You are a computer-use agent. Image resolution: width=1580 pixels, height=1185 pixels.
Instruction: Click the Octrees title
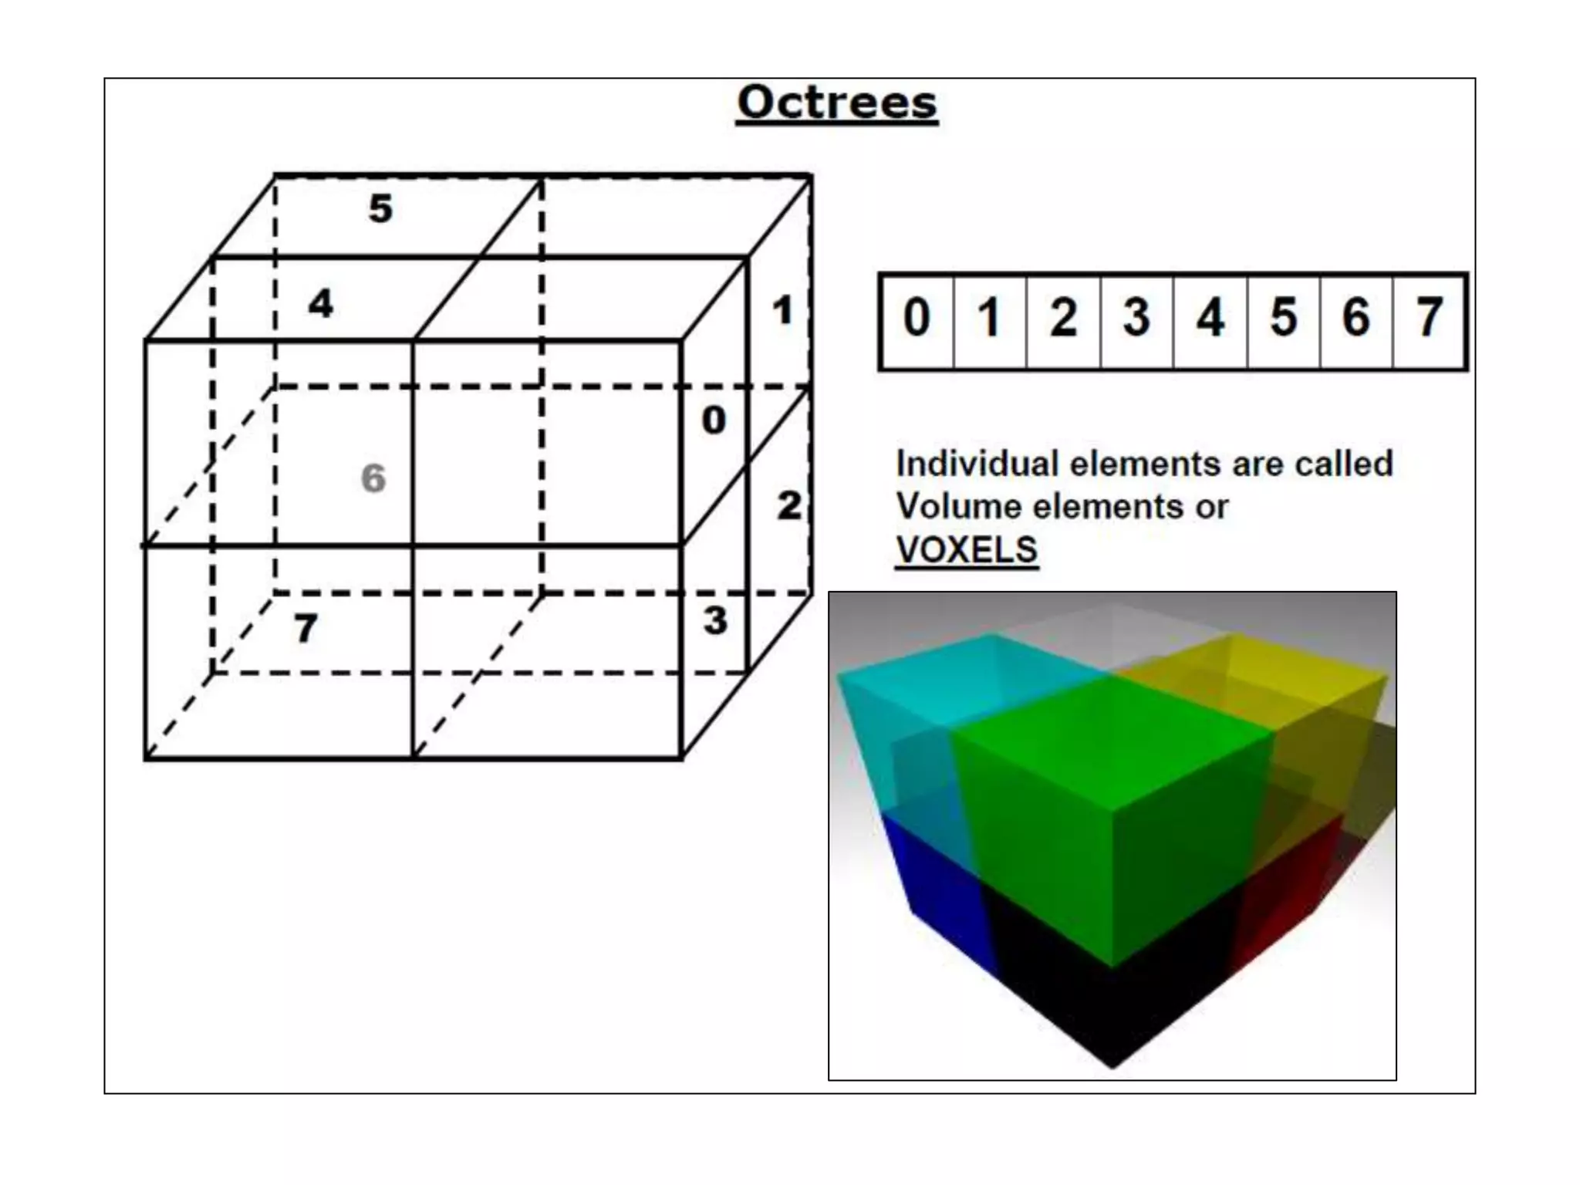click(837, 103)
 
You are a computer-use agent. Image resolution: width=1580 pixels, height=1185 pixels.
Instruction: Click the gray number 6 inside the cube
click(373, 478)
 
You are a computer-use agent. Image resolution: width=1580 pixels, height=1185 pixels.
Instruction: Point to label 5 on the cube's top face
click(380, 208)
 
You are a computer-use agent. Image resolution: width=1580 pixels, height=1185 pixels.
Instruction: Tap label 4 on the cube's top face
click(321, 303)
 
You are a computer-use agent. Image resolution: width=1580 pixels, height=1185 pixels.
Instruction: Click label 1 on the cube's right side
click(782, 311)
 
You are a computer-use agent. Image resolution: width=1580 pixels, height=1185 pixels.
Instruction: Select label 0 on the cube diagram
click(714, 420)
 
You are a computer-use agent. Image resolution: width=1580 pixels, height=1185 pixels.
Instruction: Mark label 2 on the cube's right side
click(788, 506)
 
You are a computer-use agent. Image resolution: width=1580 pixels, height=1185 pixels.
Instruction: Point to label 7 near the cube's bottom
click(306, 628)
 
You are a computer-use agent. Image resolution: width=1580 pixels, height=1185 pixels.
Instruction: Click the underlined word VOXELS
click(966, 550)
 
